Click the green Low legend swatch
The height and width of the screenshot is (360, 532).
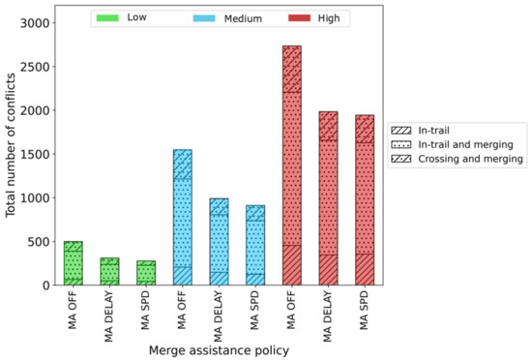[108, 17]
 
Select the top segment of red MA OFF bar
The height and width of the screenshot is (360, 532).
[291, 68]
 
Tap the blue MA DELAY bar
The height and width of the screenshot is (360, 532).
[219, 242]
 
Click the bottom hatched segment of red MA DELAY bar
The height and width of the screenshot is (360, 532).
[327, 270]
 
